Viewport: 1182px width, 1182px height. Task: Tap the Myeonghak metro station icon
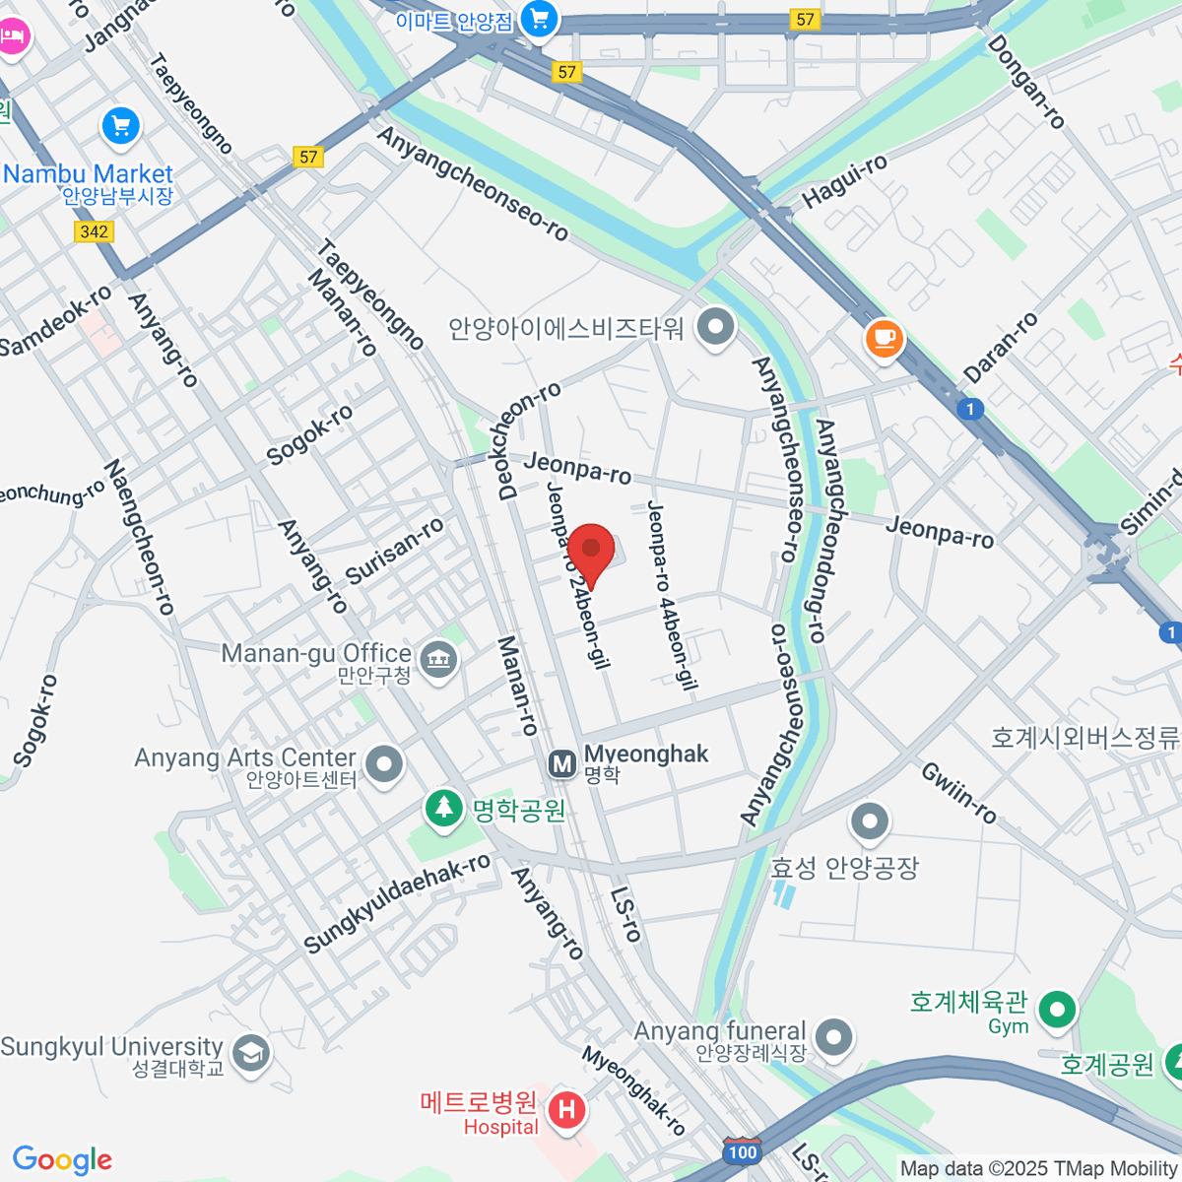562,763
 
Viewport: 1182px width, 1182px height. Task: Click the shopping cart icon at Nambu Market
121,126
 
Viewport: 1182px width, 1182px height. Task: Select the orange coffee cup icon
884,339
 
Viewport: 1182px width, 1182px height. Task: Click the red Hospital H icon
566,1110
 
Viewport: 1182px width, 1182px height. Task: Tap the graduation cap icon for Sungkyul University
251,1053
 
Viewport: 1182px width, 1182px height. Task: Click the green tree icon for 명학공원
444,808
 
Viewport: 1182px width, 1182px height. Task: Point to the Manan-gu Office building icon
438,658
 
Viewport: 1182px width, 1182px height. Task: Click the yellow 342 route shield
95,231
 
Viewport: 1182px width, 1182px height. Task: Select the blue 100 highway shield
742,1152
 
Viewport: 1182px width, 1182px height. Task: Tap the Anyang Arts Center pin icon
384,764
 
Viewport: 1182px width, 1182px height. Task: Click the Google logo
62,1159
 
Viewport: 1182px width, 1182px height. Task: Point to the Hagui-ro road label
844,181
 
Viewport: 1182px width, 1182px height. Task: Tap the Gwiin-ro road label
959,793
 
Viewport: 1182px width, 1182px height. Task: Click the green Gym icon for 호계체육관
1058,1009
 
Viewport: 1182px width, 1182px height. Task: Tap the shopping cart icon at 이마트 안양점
539,18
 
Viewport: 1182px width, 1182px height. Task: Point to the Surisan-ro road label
394,552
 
